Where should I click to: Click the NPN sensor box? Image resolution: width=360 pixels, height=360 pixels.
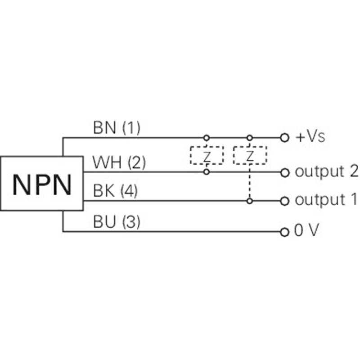point(42,183)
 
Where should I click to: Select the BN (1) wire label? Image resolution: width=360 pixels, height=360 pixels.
point(117,129)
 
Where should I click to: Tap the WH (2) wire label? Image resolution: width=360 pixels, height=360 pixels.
point(119,162)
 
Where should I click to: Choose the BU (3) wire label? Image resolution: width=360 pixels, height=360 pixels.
point(117,222)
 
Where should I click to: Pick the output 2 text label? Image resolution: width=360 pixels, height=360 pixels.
point(326,171)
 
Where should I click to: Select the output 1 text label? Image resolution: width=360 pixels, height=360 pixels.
point(326,200)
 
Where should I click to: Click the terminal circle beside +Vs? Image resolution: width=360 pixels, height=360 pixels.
point(284,138)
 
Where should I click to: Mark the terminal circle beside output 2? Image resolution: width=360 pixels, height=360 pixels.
point(284,172)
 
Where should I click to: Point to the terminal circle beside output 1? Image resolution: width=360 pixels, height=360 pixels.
point(284,201)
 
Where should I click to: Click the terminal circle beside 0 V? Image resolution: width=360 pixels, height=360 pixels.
point(284,232)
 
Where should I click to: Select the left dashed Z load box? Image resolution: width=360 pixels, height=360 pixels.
point(207,155)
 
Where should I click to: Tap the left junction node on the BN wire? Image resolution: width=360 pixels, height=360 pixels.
point(206,137)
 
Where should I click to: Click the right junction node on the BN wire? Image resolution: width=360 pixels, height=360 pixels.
point(249,137)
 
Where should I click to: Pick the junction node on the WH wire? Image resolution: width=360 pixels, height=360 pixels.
point(206,171)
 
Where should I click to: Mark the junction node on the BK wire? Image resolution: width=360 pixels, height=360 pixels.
point(249,201)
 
